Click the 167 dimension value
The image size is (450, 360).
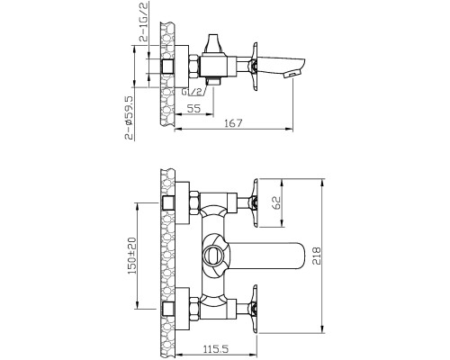click(233, 123)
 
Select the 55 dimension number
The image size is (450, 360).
click(193, 108)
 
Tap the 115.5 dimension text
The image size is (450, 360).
click(216, 349)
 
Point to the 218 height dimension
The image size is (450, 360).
click(316, 256)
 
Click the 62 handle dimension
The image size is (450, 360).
click(276, 202)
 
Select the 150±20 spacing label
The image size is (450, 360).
click(131, 256)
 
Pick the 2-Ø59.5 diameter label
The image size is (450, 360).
click(129, 118)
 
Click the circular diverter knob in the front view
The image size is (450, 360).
click(212, 256)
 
